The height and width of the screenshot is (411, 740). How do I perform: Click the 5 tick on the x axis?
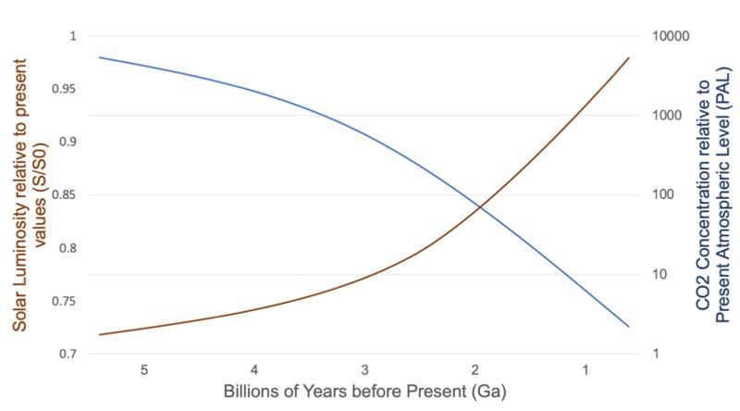click(144, 369)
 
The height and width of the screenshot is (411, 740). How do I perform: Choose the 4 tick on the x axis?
click(254, 369)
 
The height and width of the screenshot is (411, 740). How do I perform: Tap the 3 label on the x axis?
click(364, 369)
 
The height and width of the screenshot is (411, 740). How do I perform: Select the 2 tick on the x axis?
click(475, 369)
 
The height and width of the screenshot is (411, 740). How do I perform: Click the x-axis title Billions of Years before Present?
click(364, 391)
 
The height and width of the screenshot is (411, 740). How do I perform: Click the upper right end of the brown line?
click(629, 57)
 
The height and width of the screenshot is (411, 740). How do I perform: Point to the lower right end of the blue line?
click(629, 327)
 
